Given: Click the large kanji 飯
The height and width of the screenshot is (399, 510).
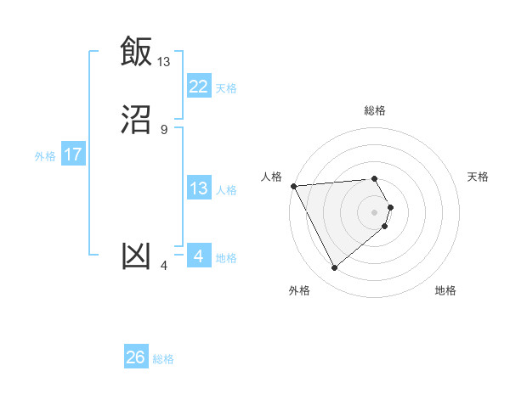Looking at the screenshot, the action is [x=136, y=51].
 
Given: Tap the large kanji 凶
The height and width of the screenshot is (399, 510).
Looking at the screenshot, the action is [x=136, y=256].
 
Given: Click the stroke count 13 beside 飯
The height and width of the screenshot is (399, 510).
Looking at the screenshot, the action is [x=164, y=61].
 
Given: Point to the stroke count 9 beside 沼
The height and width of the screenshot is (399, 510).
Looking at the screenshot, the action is [x=164, y=130].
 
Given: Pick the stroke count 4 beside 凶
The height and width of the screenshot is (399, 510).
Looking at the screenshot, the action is [x=164, y=266].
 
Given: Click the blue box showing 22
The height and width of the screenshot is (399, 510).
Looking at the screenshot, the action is [x=198, y=87].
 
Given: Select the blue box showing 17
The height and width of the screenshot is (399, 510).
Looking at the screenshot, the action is [x=73, y=155].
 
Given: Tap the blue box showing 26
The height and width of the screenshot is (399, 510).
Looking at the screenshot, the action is [x=136, y=358].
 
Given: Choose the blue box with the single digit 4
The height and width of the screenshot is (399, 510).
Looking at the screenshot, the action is [x=198, y=256].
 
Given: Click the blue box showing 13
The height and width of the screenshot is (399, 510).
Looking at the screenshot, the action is [x=198, y=188].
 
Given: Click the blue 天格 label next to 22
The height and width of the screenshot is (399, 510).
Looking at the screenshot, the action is [x=226, y=87].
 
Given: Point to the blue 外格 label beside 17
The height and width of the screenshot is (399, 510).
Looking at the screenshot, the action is [x=45, y=156].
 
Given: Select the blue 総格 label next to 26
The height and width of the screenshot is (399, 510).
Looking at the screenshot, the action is [x=163, y=359].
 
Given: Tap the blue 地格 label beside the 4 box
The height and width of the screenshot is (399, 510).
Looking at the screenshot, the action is [x=226, y=258].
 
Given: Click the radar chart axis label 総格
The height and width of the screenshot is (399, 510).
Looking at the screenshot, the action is [x=375, y=110].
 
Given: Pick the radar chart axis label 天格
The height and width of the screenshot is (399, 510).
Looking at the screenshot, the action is [x=479, y=177].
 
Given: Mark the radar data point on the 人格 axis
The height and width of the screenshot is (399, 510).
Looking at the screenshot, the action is [x=292, y=185].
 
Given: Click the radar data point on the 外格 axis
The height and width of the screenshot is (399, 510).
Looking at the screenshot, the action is [x=334, y=268].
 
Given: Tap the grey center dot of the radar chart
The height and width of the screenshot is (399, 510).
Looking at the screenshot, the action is [x=375, y=211].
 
